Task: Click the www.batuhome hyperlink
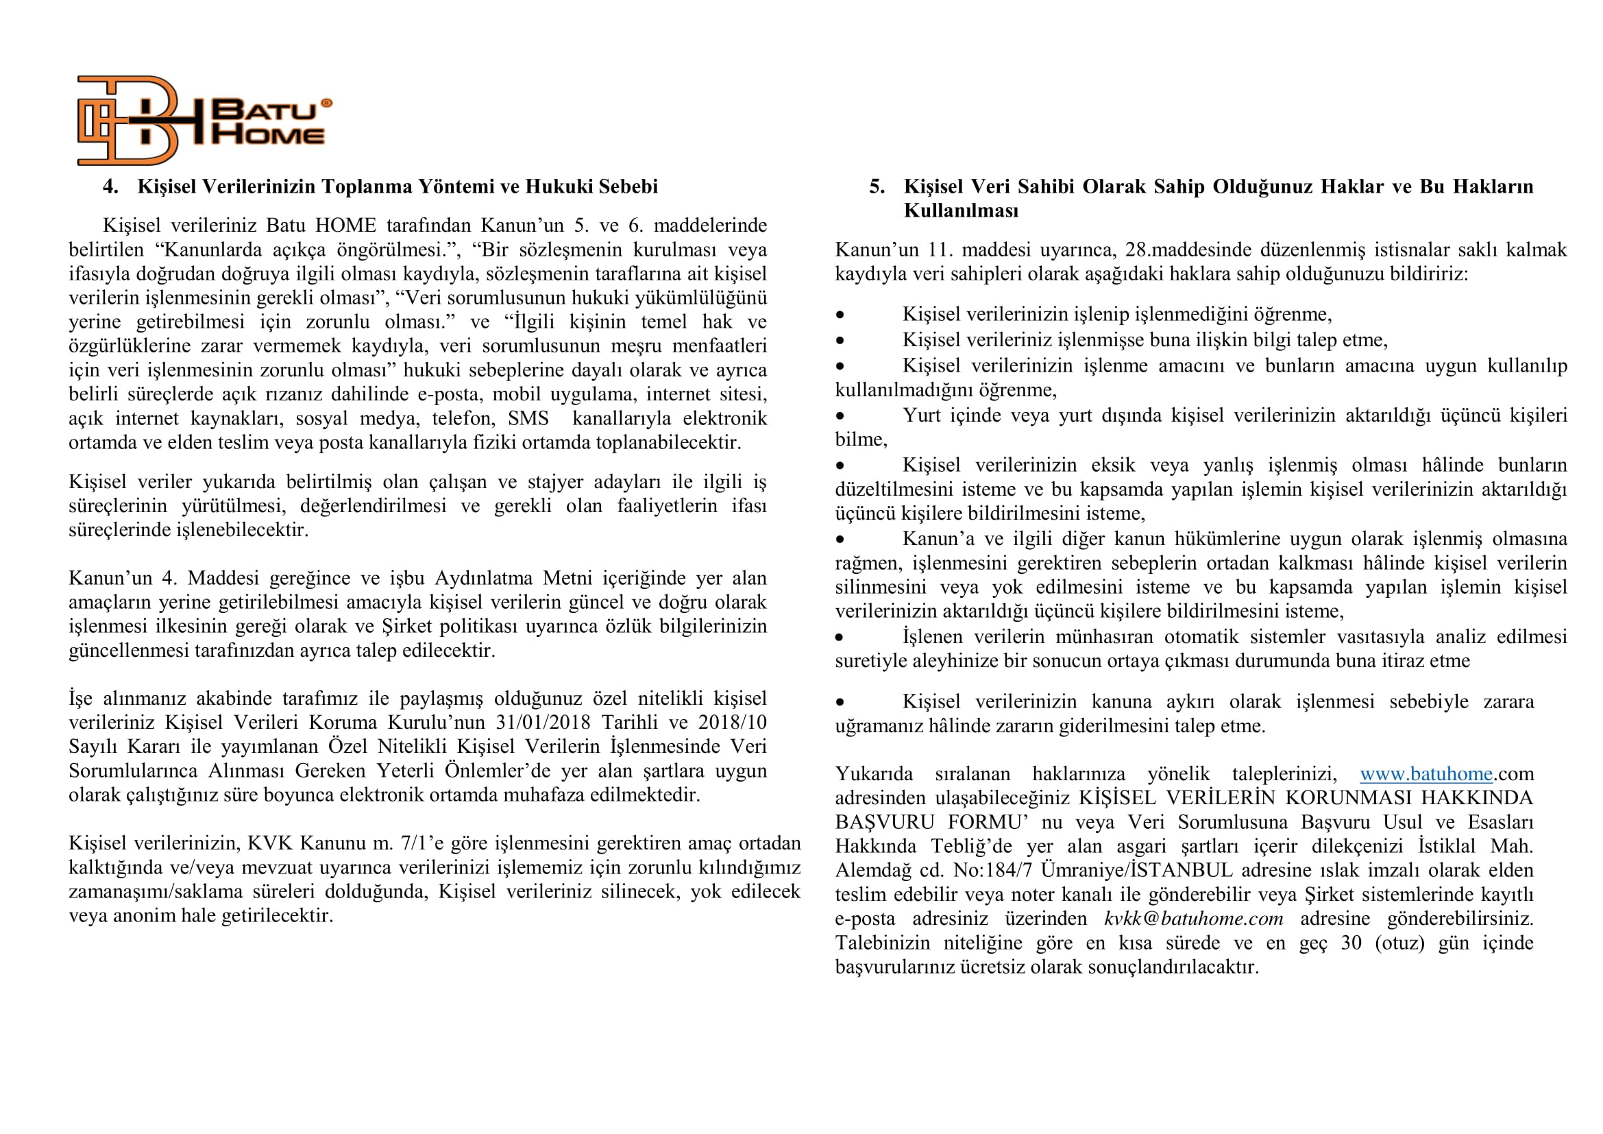coord(1425,773)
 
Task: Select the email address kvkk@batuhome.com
coord(1193,918)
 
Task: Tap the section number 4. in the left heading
coord(110,186)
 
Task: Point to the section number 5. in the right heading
coord(877,186)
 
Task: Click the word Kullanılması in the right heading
coord(961,210)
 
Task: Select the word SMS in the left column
coord(528,418)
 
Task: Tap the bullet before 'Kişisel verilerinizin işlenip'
coord(840,315)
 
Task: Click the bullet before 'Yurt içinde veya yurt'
coord(840,416)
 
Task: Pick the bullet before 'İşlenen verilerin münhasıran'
coord(840,638)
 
